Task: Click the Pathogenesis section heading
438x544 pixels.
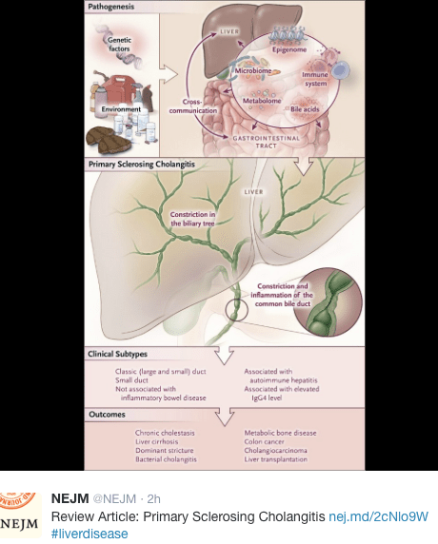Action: click(110, 8)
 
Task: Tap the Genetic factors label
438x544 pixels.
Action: click(120, 44)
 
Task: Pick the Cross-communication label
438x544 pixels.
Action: click(202, 105)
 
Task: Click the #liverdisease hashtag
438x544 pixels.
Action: click(90, 534)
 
